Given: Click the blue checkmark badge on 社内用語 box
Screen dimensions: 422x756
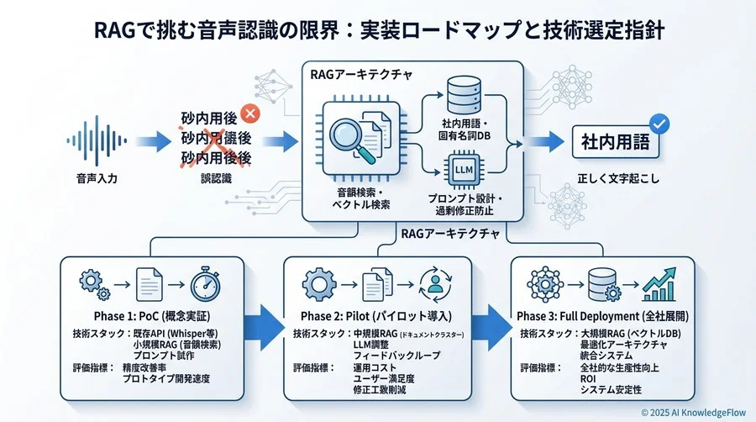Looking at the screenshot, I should click(x=660, y=124).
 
